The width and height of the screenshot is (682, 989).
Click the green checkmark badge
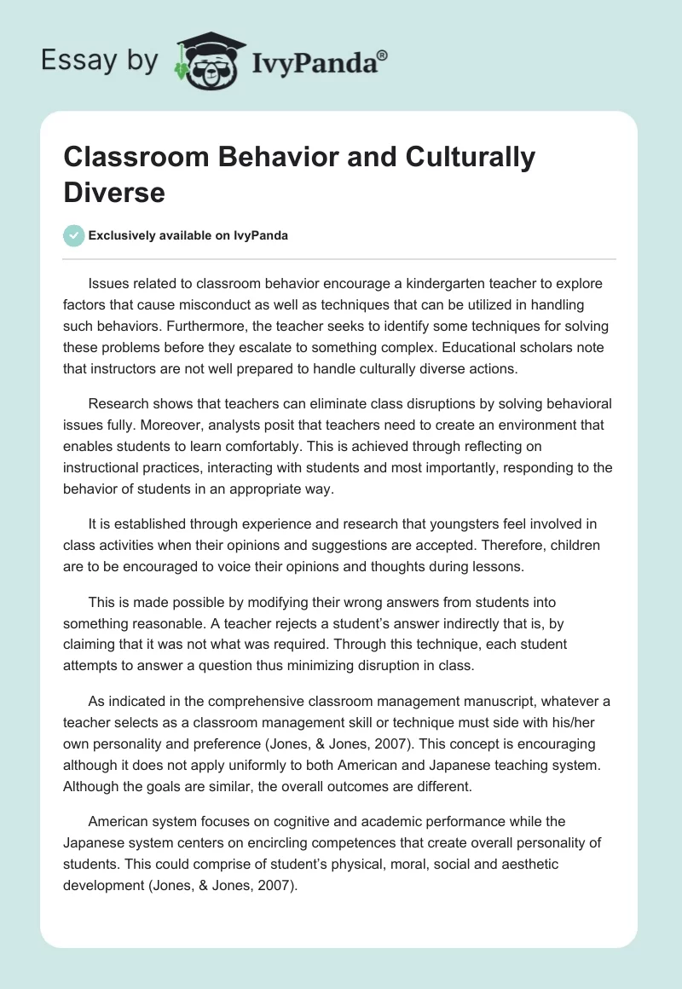(74, 235)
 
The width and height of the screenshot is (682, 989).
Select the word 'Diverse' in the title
(114, 192)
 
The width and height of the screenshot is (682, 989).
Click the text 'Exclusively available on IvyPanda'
(188, 236)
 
